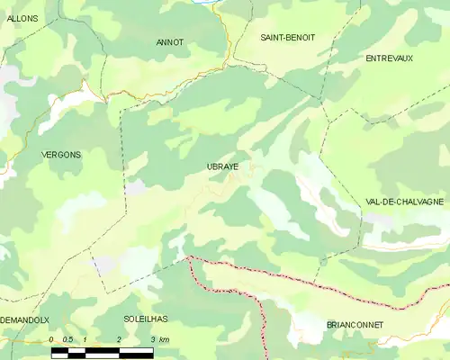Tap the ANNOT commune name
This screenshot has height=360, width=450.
(x=169, y=41)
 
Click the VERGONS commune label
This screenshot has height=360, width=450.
(x=60, y=155)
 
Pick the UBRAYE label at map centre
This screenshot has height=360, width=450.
(x=222, y=166)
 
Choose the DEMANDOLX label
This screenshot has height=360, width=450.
(x=25, y=319)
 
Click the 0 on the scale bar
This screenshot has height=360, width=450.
(x=52, y=339)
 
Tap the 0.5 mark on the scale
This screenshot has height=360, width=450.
(x=67, y=339)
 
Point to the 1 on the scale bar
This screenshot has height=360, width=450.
(x=85, y=339)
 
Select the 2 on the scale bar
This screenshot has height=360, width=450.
(x=119, y=339)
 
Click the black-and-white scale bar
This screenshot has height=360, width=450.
(x=102, y=352)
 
